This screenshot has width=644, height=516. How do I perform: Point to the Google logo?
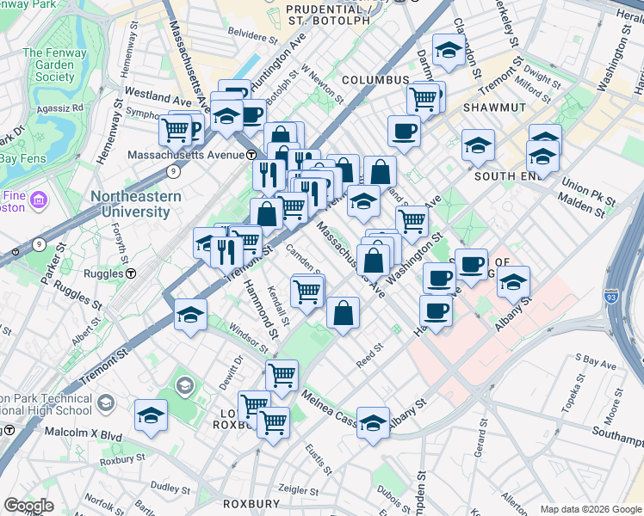point(28,506)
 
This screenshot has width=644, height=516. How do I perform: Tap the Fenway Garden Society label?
point(49,65)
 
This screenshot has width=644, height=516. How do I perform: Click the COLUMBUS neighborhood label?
point(375,80)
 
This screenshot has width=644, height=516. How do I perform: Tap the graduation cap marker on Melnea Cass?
point(373,422)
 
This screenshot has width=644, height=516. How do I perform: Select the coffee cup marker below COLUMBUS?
point(404,131)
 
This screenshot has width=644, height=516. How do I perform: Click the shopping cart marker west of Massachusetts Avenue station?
point(175,130)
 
